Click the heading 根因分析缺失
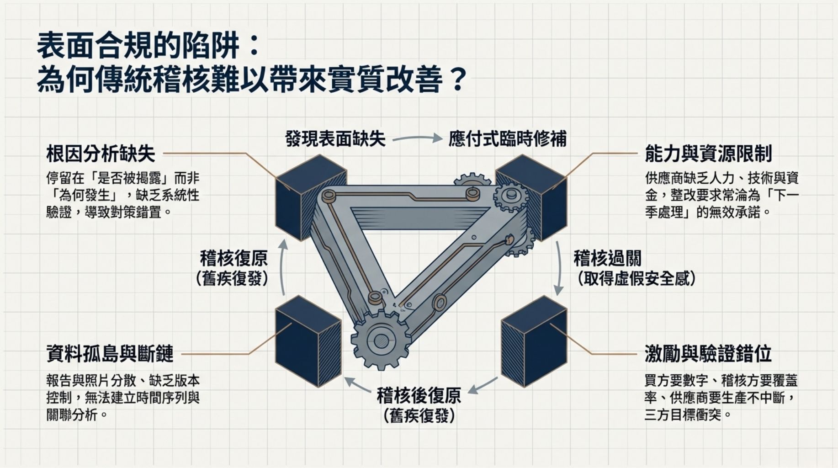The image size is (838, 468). click(101, 154)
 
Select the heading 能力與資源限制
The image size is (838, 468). click(708, 154)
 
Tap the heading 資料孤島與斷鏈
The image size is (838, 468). click(110, 354)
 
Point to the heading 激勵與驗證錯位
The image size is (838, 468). click(708, 354)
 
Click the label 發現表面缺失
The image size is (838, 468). click(335, 138)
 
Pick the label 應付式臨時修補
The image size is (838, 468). click(507, 138)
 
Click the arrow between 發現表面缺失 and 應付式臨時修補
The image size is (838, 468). click(417, 138)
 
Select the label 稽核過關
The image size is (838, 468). click(607, 259)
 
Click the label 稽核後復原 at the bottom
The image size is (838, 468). click(419, 396)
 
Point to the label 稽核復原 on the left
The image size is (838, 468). click(234, 259)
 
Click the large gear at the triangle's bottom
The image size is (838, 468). click(381, 340)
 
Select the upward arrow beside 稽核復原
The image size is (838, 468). click(283, 267)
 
